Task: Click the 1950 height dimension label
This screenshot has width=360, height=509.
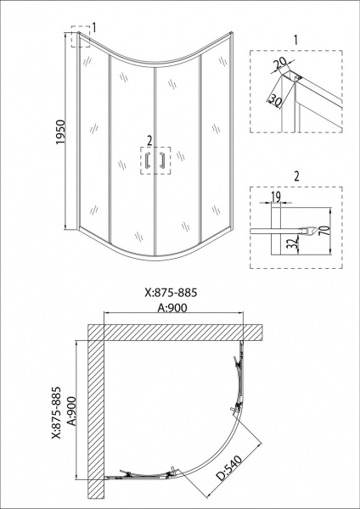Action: (61, 132)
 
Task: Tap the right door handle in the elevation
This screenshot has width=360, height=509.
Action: (162, 160)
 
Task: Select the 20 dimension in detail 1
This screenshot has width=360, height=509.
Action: (279, 64)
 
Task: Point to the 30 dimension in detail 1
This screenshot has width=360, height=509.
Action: (275, 101)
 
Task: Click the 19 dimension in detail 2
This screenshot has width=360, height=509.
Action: (276, 197)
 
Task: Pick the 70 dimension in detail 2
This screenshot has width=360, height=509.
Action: (325, 231)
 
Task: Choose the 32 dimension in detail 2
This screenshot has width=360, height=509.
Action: (294, 243)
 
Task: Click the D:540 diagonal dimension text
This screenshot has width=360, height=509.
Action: (230, 467)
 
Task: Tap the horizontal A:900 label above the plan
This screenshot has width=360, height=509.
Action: (172, 308)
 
